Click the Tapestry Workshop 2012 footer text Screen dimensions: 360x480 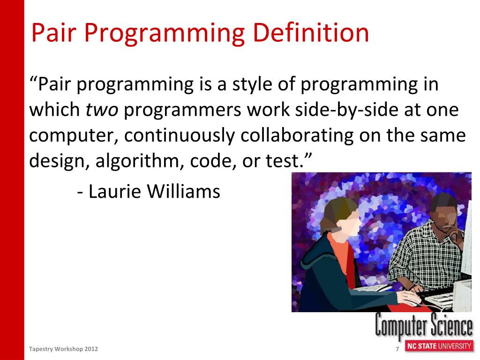pos(63,349)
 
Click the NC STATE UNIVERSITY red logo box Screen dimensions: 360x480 pos(439,346)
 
